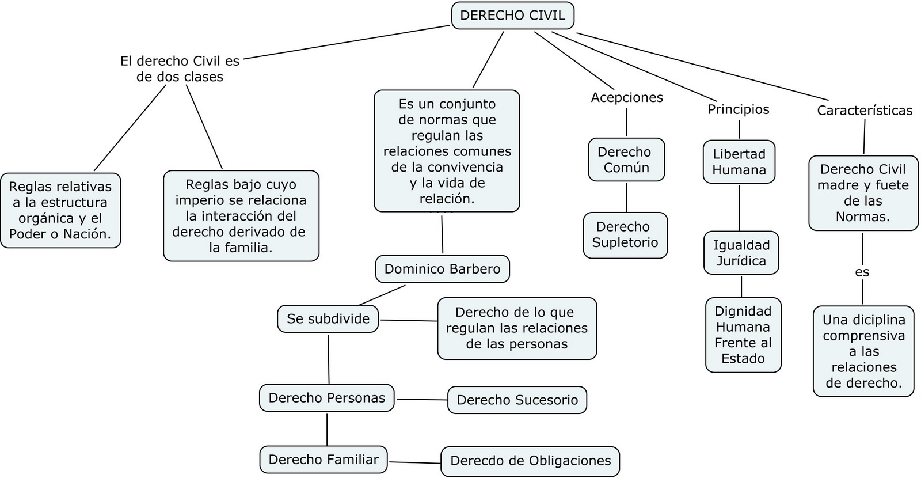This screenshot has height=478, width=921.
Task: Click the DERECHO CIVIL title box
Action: click(513, 16)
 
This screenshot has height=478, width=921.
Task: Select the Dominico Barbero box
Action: click(442, 269)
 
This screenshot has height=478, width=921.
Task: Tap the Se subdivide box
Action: click(328, 319)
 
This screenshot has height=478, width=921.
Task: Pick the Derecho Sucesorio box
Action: click(517, 400)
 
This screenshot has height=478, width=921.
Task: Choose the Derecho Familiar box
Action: click(324, 460)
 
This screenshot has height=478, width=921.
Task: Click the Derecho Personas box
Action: click(326, 398)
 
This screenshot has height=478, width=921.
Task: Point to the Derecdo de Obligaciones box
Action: click(530, 461)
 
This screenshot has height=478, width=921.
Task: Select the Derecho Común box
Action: click(626, 160)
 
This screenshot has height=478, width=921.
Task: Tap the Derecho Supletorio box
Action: click(625, 234)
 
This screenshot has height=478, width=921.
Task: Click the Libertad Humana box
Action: click(739, 162)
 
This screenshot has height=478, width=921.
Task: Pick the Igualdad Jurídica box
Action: click(741, 253)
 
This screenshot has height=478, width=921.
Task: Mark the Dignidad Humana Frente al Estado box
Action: click(743, 335)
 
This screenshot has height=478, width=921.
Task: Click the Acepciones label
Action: click(627, 97)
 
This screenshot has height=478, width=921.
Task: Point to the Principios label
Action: click(739, 109)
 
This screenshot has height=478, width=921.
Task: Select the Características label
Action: click(865, 111)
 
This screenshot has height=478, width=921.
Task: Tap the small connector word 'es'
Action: click(862, 272)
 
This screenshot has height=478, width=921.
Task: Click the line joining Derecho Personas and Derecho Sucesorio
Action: click(421, 399)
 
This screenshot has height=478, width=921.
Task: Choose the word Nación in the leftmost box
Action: click(90, 234)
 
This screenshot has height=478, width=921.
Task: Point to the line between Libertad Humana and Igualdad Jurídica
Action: click(739, 207)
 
